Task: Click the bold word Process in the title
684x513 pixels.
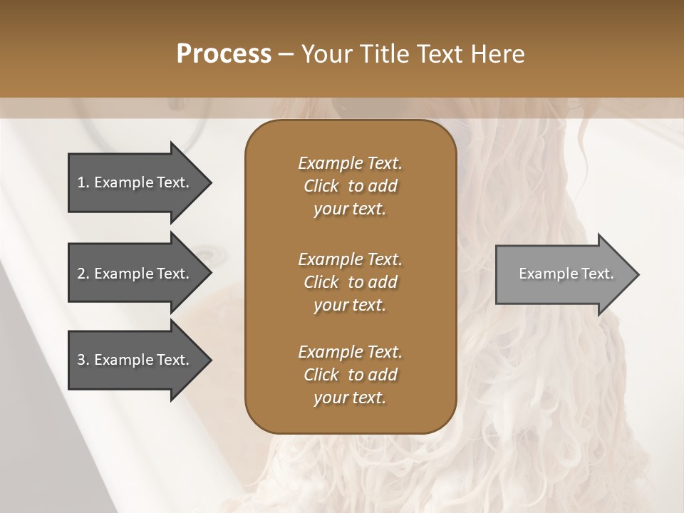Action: (x=224, y=54)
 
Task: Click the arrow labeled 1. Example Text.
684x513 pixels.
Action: (x=135, y=182)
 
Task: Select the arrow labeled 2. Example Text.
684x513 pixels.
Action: (x=135, y=274)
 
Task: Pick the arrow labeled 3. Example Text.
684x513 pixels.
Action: (x=135, y=360)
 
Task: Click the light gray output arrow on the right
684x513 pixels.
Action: (x=563, y=274)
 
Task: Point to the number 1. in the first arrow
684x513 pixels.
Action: (x=83, y=182)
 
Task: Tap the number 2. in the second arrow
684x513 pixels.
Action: (x=83, y=274)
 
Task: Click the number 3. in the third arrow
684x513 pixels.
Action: (x=83, y=360)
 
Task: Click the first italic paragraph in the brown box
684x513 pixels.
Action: (x=350, y=186)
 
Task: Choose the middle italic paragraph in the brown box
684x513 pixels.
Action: (x=350, y=281)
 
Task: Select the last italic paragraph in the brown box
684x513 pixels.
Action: (x=350, y=375)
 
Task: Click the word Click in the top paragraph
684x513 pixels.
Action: (x=321, y=186)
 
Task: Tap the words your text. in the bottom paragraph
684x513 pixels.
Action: (x=350, y=398)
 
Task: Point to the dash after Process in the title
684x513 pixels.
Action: (x=286, y=54)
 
